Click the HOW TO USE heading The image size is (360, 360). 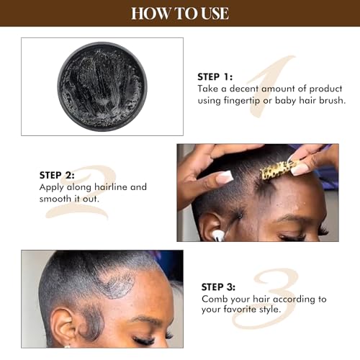pos(180,13)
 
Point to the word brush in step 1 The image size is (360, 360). pos(330,100)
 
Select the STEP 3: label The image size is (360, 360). pos(222,287)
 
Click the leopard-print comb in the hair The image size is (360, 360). pos(276,171)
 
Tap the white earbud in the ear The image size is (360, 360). pos(217,234)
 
